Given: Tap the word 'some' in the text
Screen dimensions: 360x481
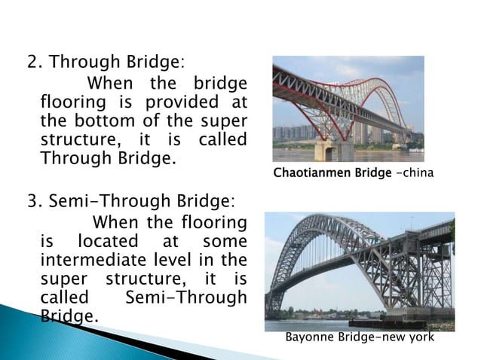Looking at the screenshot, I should [225, 242].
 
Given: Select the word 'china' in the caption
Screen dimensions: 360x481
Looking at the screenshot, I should [418, 175].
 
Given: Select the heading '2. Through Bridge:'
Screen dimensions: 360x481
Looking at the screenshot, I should [106, 61].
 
